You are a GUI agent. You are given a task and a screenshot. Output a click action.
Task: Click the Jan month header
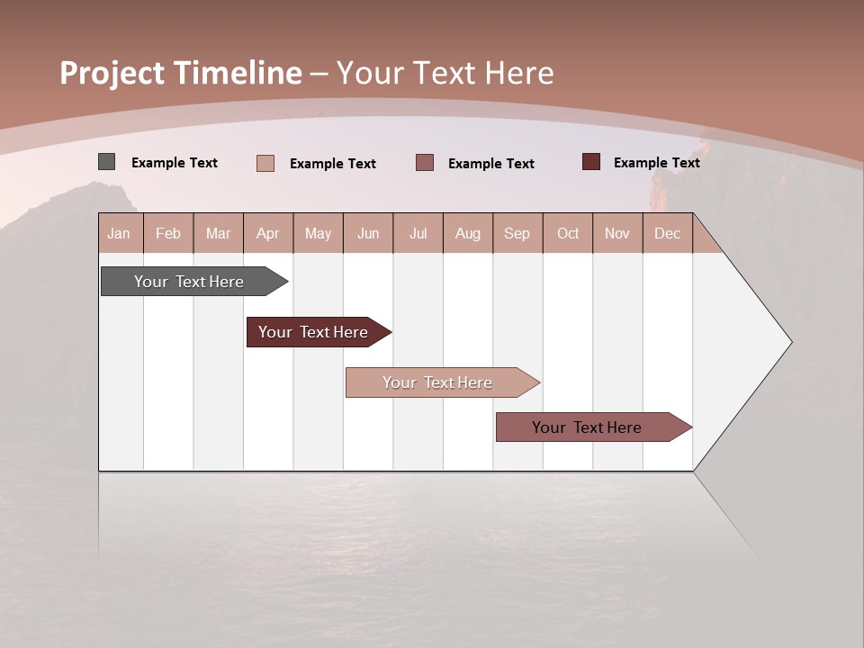(x=119, y=233)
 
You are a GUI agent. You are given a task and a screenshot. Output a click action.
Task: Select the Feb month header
(x=168, y=233)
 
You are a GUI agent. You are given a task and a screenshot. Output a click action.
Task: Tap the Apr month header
(x=267, y=233)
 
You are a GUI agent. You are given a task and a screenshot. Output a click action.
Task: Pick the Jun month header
(x=368, y=233)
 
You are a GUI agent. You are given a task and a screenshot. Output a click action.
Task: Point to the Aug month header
(x=468, y=233)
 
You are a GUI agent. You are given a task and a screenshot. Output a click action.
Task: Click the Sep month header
(x=517, y=233)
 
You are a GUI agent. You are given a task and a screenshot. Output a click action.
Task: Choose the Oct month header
(x=568, y=233)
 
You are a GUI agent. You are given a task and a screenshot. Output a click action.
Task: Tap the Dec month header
(x=667, y=233)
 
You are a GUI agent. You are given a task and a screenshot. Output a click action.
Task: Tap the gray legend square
(x=106, y=162)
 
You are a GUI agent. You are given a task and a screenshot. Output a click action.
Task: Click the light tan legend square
(x=265, y=163)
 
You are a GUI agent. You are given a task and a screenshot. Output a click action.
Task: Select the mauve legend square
(x=425, y=162)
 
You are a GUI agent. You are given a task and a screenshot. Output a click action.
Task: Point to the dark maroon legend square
(x=591, y=162)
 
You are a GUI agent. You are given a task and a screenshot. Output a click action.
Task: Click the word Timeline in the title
(x=238, y=73)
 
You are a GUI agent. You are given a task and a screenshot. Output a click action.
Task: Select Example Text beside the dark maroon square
(x=656, y=163)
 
